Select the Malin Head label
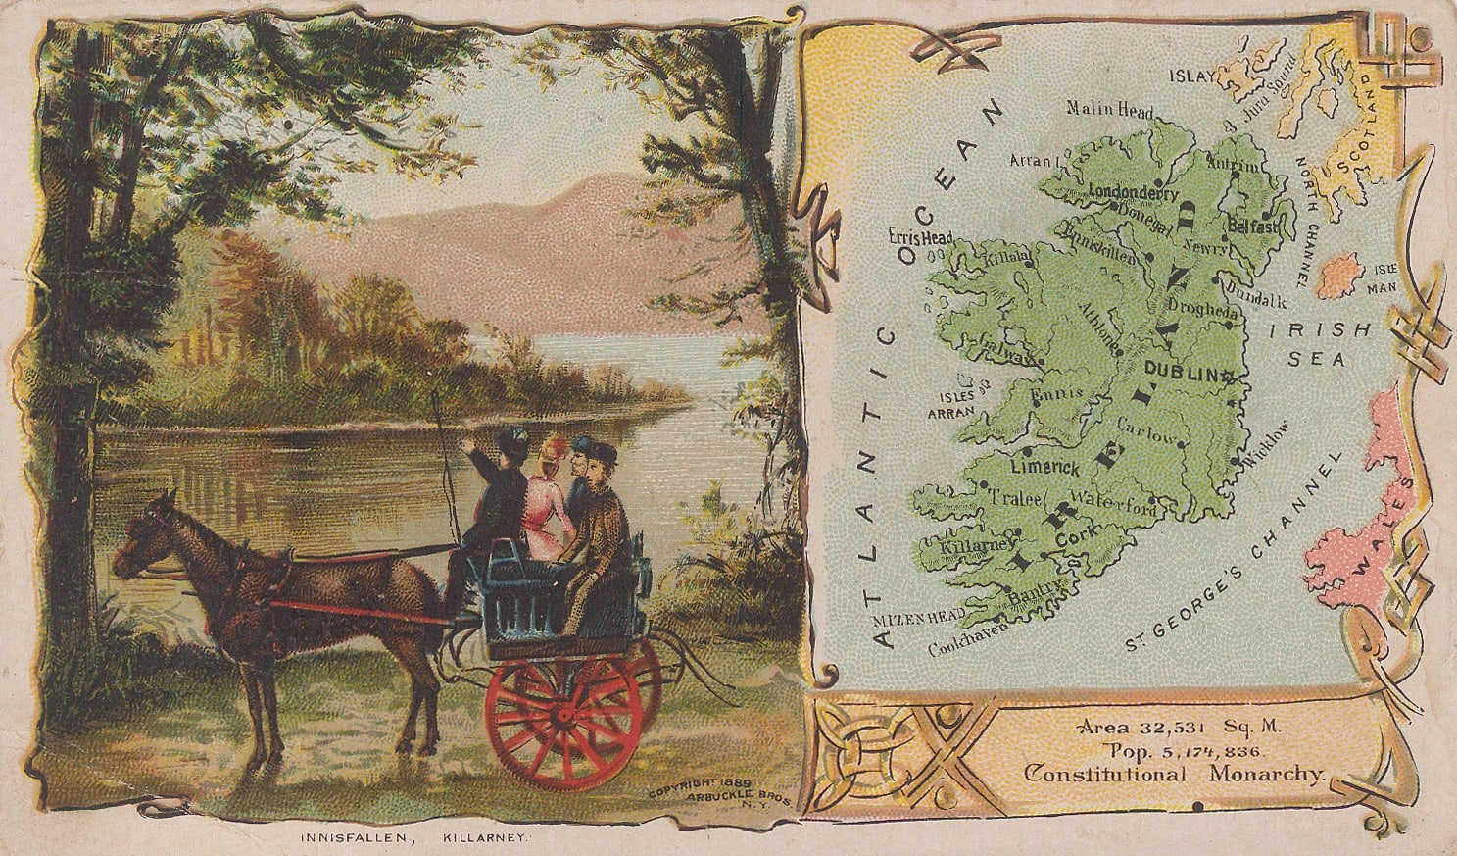(1110, 109)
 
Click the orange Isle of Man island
(1339, 275)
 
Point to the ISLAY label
(1192, 75)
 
